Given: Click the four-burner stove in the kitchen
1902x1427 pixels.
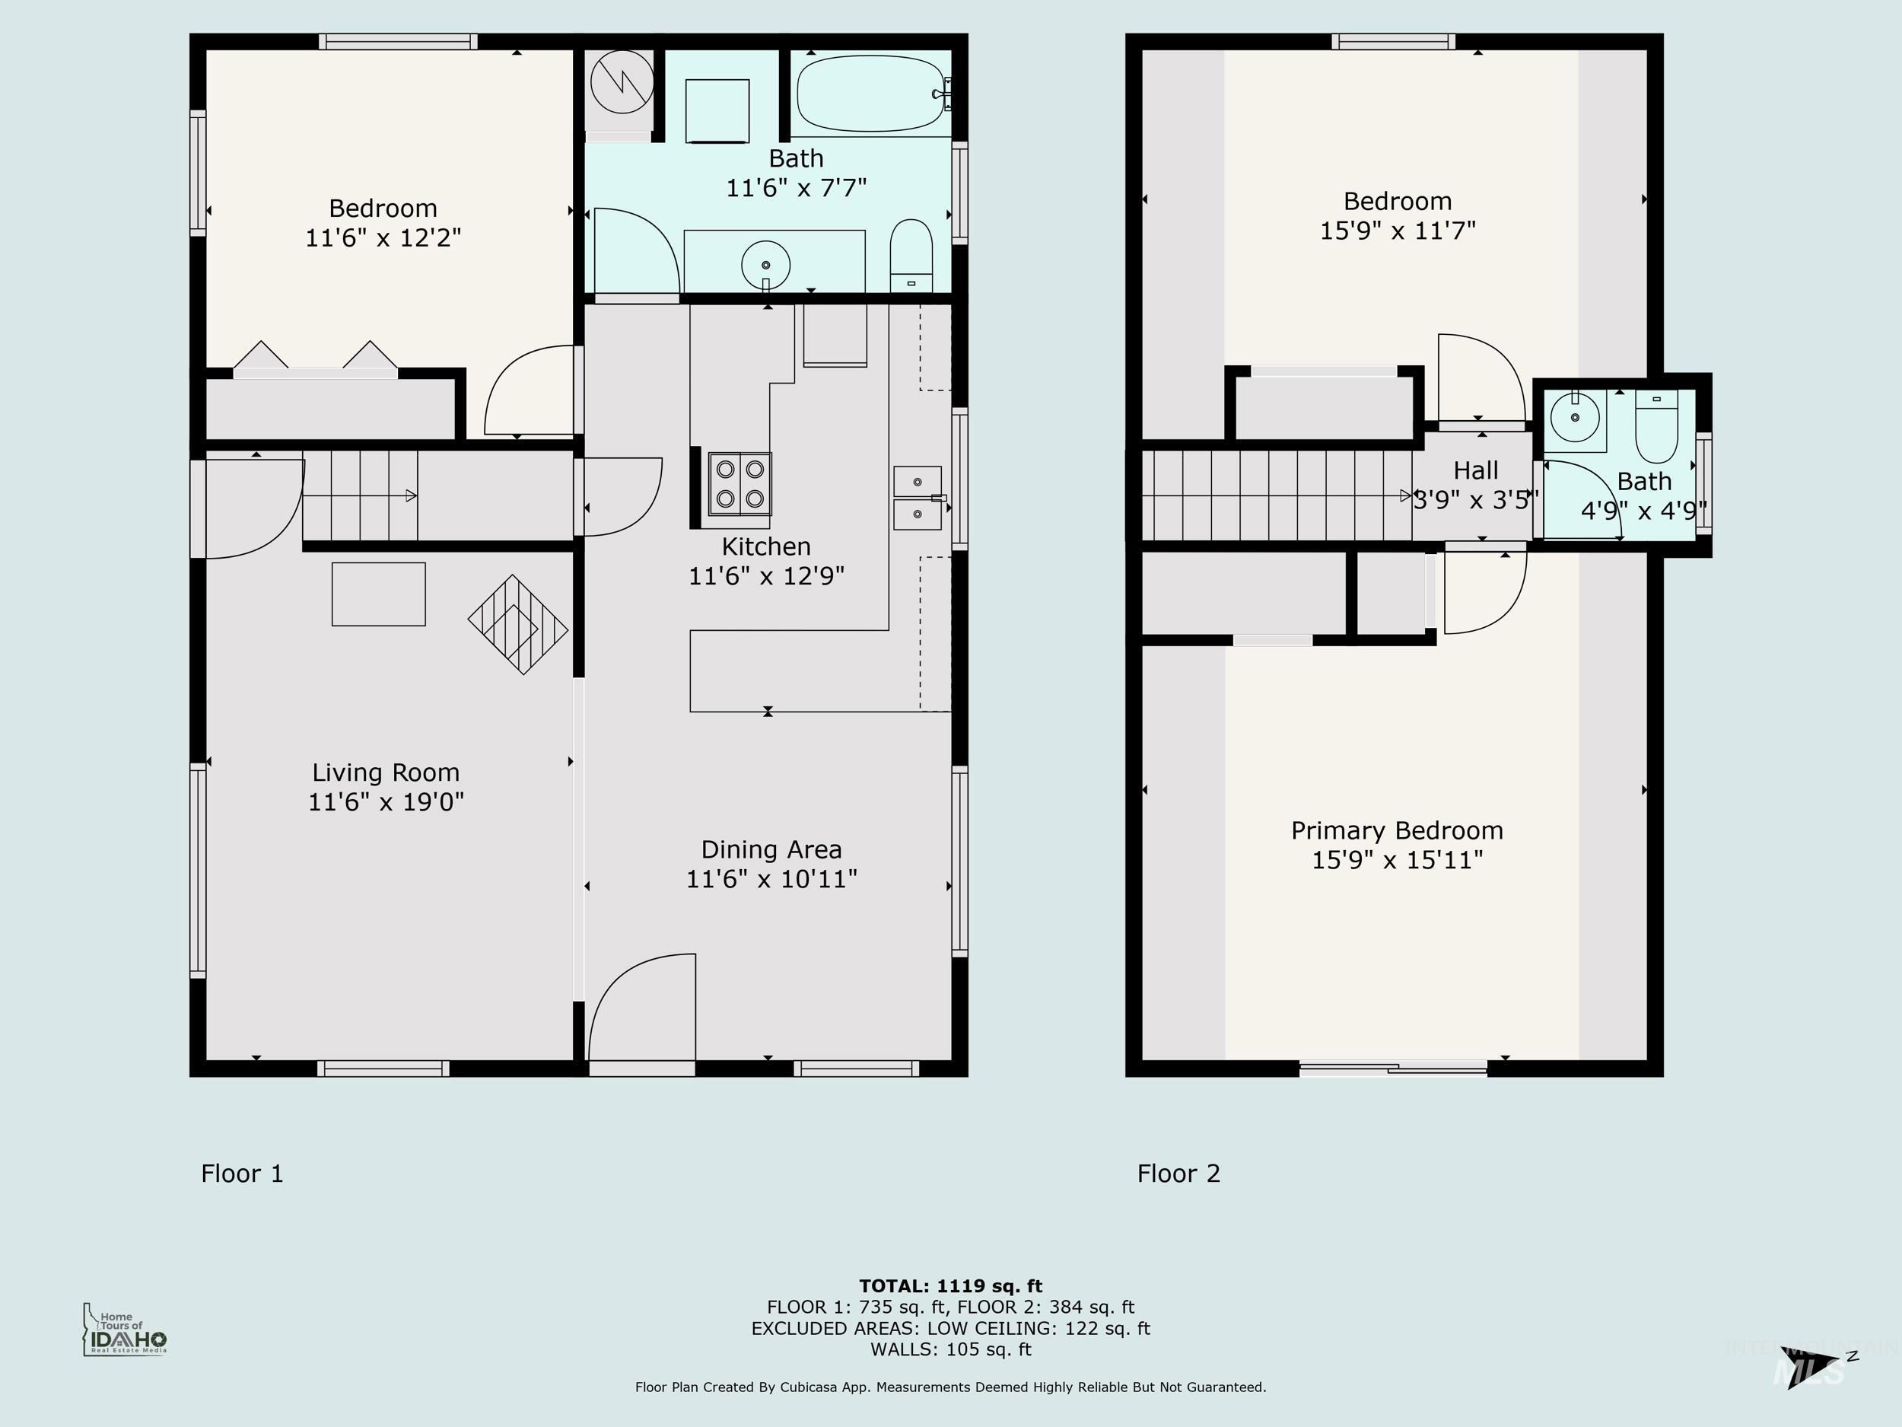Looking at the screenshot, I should tap(739, 483).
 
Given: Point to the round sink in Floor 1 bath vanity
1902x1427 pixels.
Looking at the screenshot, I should tap(765, 265).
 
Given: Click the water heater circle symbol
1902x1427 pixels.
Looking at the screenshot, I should tap(622, 81).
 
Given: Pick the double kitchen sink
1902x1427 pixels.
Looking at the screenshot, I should tap(918, 498).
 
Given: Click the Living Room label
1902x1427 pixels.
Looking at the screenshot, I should tap(385, 772).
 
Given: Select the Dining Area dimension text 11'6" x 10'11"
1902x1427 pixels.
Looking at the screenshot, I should tap(771, 878).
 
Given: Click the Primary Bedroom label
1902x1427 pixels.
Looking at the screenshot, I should tap(1396, 830).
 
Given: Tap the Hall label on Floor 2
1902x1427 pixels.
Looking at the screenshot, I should tap(1475, 470).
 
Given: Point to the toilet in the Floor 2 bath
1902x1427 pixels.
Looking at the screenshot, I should tap(1656, 428).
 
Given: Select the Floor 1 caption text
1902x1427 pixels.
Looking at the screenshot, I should tap(242, 1174).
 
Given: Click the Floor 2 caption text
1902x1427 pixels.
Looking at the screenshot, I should tap(1178, 1174).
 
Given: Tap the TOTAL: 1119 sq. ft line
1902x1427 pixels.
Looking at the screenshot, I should tap(950, 1286).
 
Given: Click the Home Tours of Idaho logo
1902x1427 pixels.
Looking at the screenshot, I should tap(125, 1330).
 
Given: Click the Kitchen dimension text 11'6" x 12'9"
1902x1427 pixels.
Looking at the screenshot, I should tap(766, 575).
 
